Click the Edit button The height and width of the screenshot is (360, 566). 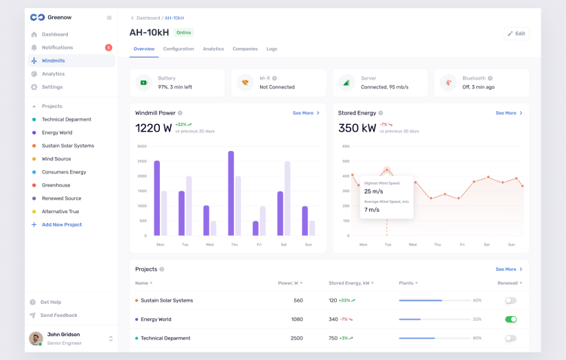517,34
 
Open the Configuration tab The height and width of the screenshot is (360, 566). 178,49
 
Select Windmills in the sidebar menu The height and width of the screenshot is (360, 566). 53,61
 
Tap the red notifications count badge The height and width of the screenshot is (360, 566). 108,47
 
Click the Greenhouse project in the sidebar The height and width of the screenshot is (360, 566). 56,185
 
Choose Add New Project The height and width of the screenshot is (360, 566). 61,225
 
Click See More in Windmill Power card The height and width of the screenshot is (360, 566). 306,113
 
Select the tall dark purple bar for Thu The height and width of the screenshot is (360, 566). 231,193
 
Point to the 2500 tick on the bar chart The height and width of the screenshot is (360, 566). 142,161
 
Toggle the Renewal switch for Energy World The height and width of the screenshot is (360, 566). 510,320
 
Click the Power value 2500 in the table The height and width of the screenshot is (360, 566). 297,338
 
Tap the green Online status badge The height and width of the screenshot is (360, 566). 183,33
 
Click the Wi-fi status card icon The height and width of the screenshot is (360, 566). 244,83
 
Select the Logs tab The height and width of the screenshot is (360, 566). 272,49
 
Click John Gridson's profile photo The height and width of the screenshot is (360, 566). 36,338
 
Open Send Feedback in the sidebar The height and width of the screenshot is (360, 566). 58,315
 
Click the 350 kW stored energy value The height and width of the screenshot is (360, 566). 357,128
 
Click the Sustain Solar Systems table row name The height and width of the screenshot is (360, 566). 167,300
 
